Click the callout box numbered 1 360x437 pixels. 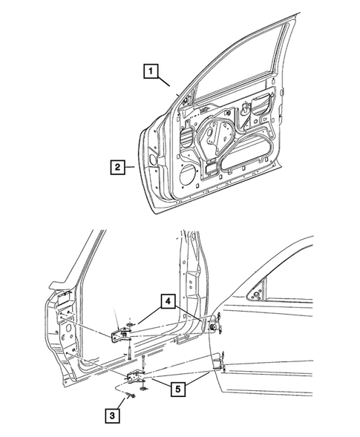click(151, 72)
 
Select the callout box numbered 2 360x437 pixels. click(117, 167)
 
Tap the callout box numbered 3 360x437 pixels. click(111, 417)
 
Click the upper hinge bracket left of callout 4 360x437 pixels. click(122, 335)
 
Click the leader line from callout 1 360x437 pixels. click(165, 83)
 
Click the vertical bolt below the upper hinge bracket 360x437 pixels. click(128, 352)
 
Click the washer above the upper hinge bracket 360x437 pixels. click(131, 321)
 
